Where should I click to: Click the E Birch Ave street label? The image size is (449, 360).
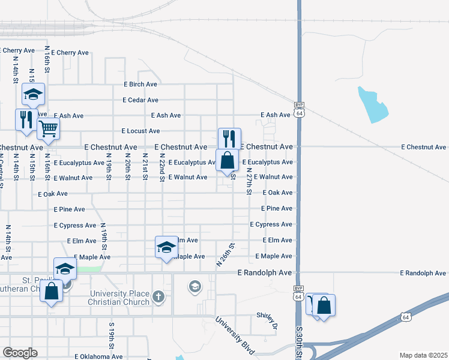tap(140, 85)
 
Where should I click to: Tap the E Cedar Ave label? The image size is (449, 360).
tap(140, 100)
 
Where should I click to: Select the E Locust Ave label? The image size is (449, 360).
tap(140, 131)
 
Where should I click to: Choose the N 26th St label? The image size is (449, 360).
tap(224, 255)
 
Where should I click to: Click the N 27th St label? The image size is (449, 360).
tap(249, 181)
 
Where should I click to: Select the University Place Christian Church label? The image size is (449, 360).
tap(119, 298)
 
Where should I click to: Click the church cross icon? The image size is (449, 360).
tap(158, 296)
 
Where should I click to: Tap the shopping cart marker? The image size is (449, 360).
tap(48, 128)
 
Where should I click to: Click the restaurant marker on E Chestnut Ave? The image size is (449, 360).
tap(229, 139)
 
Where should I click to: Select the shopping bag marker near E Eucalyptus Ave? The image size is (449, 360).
tap(227, 161)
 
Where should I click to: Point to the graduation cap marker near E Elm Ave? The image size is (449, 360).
tap(166, 247)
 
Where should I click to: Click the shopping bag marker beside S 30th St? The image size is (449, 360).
tap(323, 305)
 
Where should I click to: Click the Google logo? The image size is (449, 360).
tap(20, 353)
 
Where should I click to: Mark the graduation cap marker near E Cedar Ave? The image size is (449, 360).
tap(34, 94)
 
